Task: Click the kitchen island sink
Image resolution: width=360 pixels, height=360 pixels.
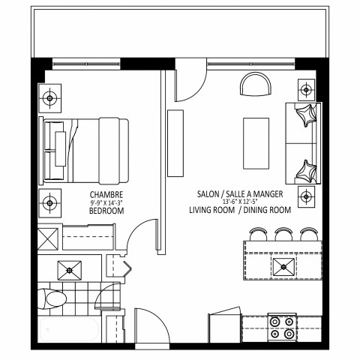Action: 284,265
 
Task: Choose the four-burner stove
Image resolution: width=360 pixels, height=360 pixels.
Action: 283,328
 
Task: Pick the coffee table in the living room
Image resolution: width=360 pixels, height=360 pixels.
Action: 255,143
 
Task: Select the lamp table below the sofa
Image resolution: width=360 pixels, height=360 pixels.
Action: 306,197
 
